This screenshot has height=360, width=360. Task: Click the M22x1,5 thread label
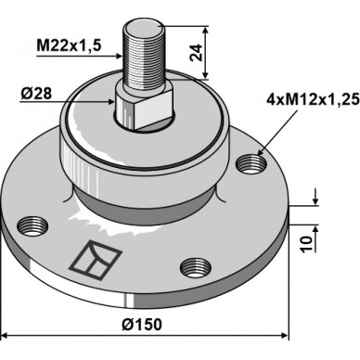(x=69, y=45)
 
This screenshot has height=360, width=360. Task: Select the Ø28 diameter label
(x=36, y=94)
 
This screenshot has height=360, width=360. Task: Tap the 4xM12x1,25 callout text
(x=313, y=99)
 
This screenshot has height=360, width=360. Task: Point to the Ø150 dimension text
(x=142, y=325)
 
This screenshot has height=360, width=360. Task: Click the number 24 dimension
(x=196, y=53)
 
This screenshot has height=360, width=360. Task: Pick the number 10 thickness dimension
(x=306, y=244)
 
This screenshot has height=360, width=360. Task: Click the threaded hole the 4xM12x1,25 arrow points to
(x=251, y=163)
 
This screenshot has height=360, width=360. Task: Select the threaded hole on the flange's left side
(x=32, y=226)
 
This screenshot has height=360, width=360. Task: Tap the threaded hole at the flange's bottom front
(x=196, y=267)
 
